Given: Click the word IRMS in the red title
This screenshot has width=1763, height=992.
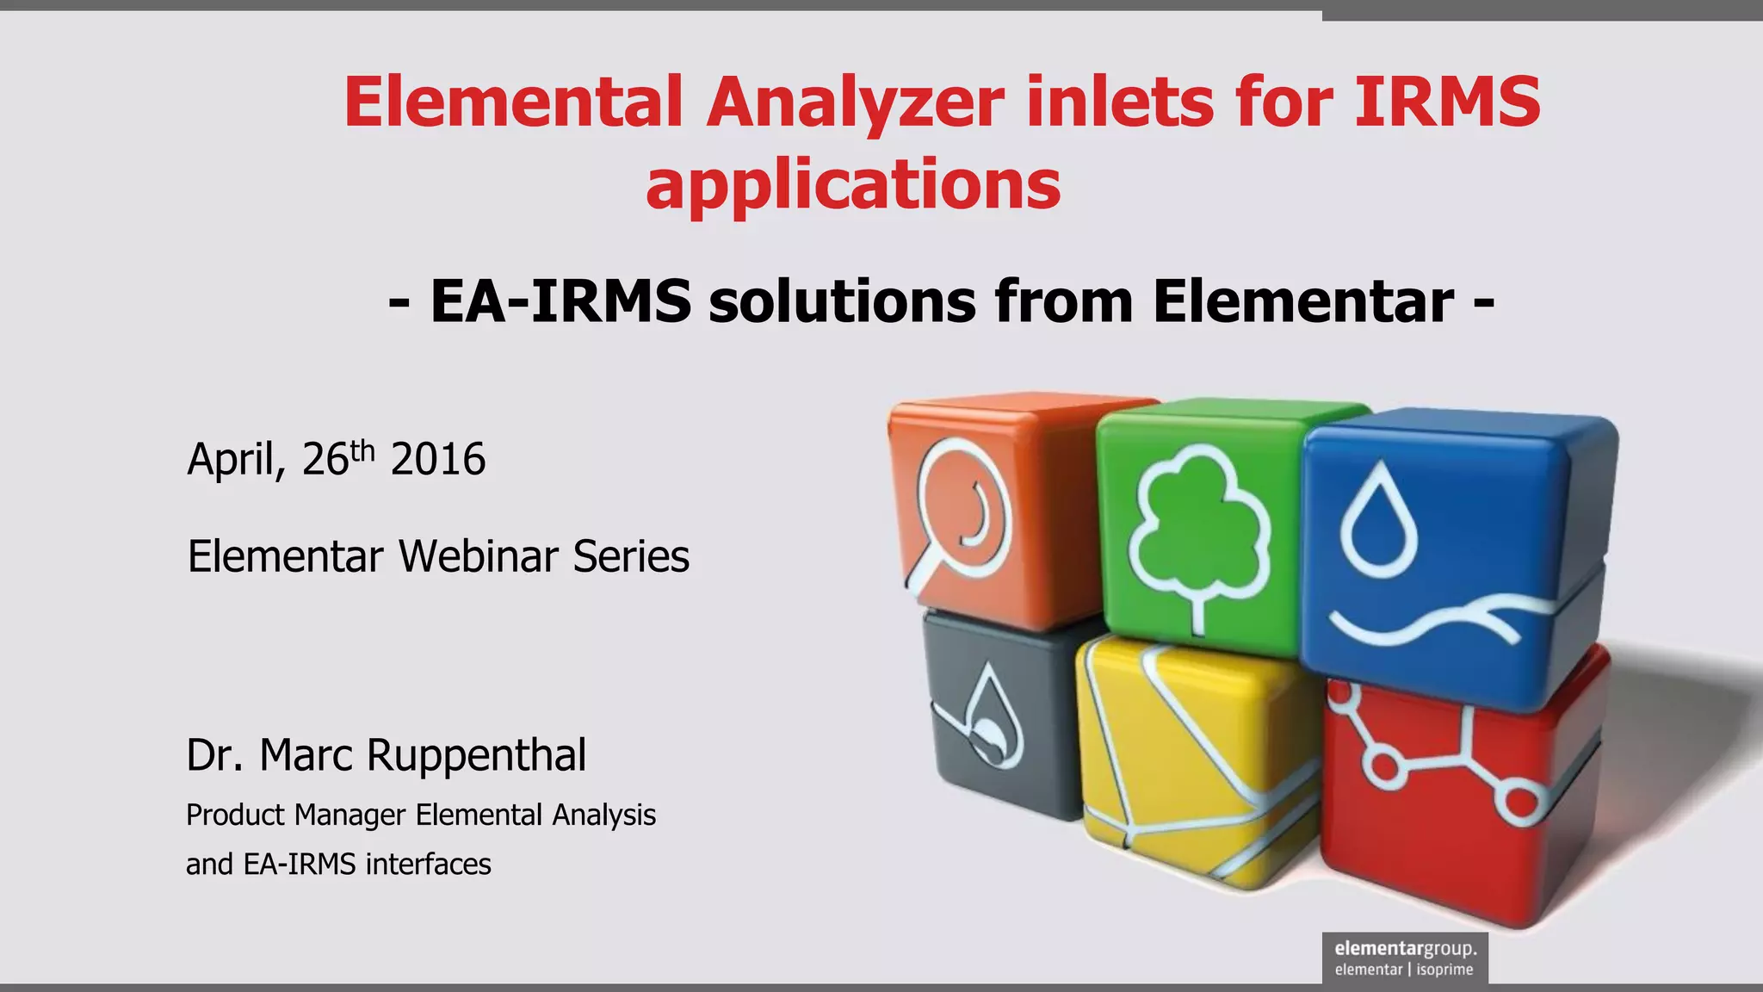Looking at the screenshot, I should point(1446,102).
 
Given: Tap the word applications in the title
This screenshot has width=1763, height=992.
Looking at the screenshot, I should point(853,184).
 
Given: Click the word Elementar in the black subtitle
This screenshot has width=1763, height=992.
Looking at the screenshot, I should point(1303,301).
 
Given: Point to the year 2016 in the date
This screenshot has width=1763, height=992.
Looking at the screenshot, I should point(438,459).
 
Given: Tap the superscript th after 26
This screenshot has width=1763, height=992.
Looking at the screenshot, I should point(363,450).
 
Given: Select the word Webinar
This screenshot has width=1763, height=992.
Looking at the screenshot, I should point(478,556).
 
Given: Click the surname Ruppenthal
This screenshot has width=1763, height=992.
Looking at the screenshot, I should point(476,755).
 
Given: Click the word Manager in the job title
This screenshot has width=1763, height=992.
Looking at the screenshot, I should point(350,815).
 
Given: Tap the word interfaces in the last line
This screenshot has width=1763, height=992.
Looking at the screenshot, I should point(428,864).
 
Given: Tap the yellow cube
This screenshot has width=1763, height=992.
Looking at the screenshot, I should point(1197,758).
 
